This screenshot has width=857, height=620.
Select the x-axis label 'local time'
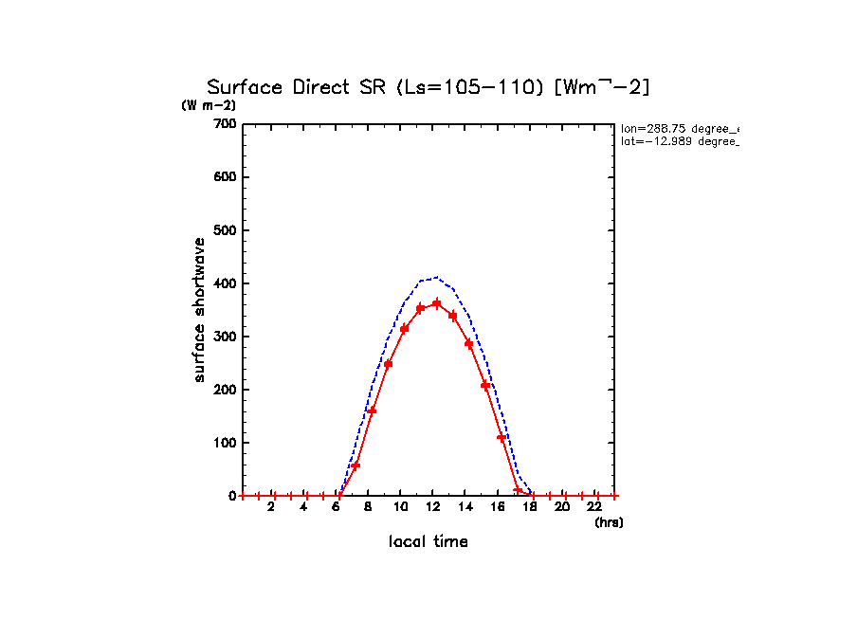[428, 542]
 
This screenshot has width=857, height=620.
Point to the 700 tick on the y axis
[225, 124]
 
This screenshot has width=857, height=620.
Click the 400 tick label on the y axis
[225, 283]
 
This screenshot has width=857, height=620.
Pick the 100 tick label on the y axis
[225, 443]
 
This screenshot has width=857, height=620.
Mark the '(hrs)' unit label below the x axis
[608, 522]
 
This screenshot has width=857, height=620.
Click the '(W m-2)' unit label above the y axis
[209, 105]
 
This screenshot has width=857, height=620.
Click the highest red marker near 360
[437, 303]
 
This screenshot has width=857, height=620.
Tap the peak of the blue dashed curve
[436, 277]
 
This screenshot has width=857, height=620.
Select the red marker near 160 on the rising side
[372, 410]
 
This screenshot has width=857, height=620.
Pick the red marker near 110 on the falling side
[501, 437]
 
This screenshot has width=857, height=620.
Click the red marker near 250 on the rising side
[388, 364]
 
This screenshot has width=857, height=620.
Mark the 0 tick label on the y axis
[230, 496]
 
